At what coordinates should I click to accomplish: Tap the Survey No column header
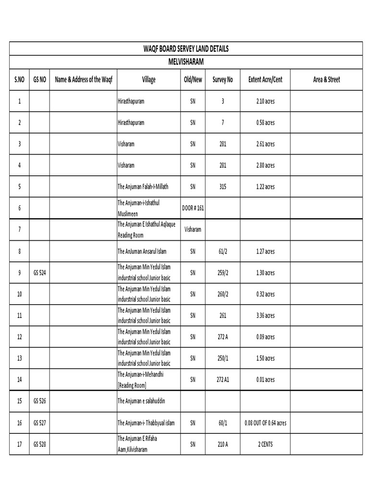[222, 80]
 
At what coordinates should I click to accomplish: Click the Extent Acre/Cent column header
[265, 80]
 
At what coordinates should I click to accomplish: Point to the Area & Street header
[326, 80]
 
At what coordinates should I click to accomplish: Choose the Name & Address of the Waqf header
[84, 80]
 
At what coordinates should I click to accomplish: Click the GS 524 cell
[40, 273]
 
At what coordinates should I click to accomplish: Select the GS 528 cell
[40, 444]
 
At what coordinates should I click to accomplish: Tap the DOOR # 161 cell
[193, 208]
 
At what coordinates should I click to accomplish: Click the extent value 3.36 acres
[265, 316]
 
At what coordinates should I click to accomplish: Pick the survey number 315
[222, 186]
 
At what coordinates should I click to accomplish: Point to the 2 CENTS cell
[265, 444]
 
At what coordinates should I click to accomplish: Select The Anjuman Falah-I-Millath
[143, 186]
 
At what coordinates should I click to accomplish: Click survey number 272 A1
[222, 380]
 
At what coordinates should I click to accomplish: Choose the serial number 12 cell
[20, 337]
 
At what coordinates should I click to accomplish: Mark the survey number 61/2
[222, 251]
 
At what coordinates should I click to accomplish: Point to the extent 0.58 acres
[265, 123]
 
